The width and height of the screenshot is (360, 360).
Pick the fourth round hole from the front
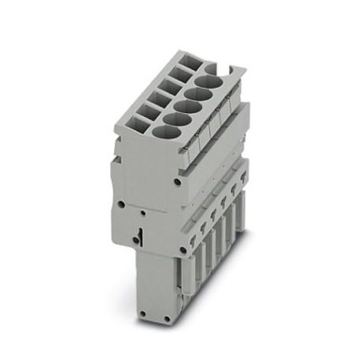coord(200,89)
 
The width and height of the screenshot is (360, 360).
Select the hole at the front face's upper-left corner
coord(121,206)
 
